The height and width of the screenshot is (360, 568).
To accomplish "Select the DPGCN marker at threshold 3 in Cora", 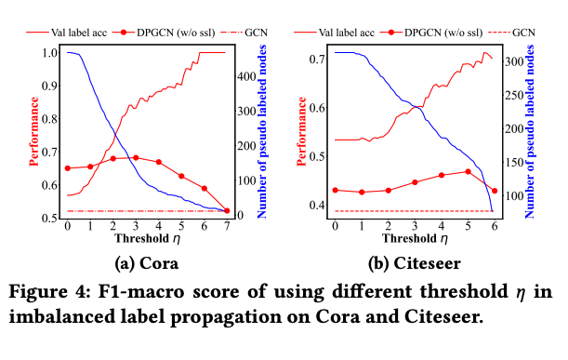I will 136,157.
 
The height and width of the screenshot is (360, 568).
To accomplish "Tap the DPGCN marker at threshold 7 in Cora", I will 227,211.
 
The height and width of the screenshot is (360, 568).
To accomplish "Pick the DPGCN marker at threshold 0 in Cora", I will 68,168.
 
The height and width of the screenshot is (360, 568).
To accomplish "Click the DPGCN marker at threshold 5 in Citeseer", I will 468,171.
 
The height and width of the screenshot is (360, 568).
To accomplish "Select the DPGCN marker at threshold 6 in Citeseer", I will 495,191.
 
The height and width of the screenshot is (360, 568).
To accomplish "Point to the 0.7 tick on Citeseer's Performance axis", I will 318,60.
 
